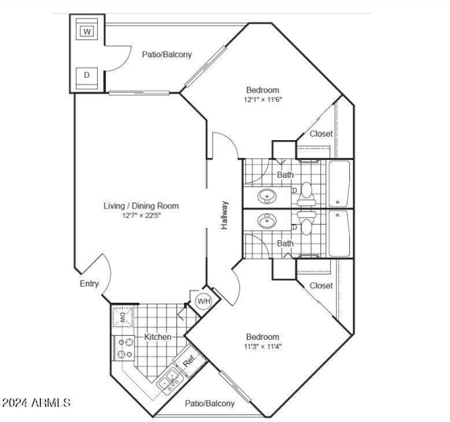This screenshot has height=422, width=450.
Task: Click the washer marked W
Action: click(87, 29)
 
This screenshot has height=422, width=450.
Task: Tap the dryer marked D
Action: click(87, 78)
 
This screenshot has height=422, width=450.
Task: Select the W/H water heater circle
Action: click(204, 302)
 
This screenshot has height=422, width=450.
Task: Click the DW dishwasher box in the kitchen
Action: click(123, 317)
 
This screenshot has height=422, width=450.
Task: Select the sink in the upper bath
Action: click(267, 196)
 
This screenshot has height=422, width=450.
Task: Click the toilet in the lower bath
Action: click(307, 223)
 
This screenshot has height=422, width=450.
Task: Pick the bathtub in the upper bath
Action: click(339, 184)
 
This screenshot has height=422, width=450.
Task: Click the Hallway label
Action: click(224, 215)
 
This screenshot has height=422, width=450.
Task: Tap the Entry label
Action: click(89, 284)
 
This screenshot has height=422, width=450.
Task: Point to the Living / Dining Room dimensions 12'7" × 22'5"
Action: click(142, 216)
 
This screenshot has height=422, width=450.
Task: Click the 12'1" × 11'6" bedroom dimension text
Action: click(263, 100)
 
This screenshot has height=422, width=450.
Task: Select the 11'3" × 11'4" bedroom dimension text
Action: click(263, 346)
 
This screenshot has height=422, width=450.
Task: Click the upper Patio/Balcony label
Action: click(167, 55)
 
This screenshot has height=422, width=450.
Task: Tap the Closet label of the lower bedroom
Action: click(321, 286)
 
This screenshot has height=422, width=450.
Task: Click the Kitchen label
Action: click(157, 336)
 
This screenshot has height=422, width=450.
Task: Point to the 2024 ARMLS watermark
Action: click(36, 403)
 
